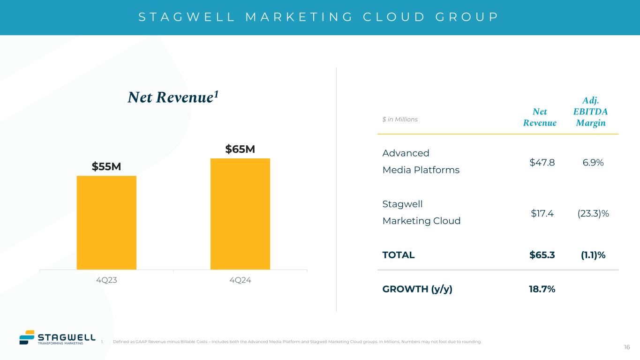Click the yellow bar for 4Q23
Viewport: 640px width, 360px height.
pos(106,223)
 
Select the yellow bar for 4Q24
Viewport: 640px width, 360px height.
pos(240,214)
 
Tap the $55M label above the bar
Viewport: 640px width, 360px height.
pos(106,167)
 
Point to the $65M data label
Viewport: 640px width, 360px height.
pos(240,149)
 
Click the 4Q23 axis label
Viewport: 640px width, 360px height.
pos(106,280)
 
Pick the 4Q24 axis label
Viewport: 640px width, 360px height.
pos(240,280)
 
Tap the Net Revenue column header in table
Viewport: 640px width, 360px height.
pos(540,117)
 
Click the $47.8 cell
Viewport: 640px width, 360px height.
pos(542,162)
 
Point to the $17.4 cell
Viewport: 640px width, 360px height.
pos(542,213)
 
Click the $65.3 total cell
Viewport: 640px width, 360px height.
pos(542,255)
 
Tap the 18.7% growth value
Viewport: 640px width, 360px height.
pos(542,289)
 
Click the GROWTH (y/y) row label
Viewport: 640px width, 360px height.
pos(417,289)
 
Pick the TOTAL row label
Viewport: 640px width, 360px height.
pos(399,255)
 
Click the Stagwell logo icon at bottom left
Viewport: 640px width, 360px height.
pos(27,337)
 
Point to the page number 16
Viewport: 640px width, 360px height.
pos(627,347)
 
